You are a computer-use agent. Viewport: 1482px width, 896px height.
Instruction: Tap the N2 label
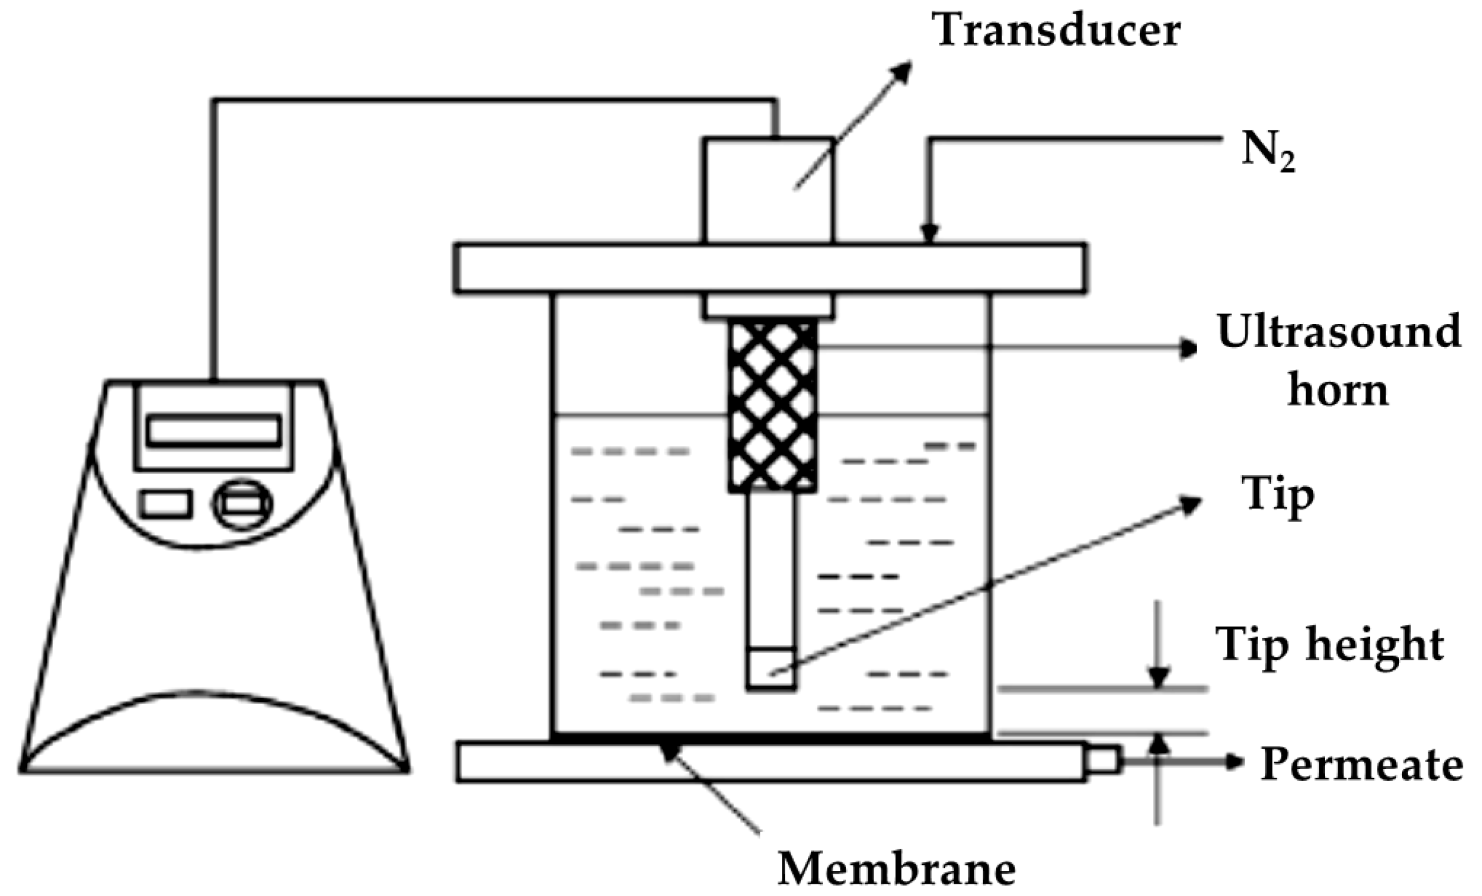(x=1268, y=155)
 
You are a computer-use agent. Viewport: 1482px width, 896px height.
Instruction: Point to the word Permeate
(x=1361, y=764)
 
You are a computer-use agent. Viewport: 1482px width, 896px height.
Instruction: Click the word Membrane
(x=897, y=869)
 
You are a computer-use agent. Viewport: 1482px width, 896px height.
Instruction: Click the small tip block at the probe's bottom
(x=771, y=667)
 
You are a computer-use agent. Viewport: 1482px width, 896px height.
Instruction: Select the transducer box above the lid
(x=768, y=190)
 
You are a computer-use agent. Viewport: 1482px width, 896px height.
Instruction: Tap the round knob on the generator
(x=243, y=504)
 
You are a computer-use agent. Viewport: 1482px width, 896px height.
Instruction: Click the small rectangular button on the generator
(x=166, y=504)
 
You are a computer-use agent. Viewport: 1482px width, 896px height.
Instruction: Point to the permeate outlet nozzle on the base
(x=1103, y=760)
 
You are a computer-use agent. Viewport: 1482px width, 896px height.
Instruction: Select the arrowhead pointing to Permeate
(x=1234, y=762)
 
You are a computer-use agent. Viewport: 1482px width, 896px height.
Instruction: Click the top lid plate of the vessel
(x=770, y=268)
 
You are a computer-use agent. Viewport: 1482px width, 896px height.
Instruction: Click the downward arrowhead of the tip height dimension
(x=1158, y=678)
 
